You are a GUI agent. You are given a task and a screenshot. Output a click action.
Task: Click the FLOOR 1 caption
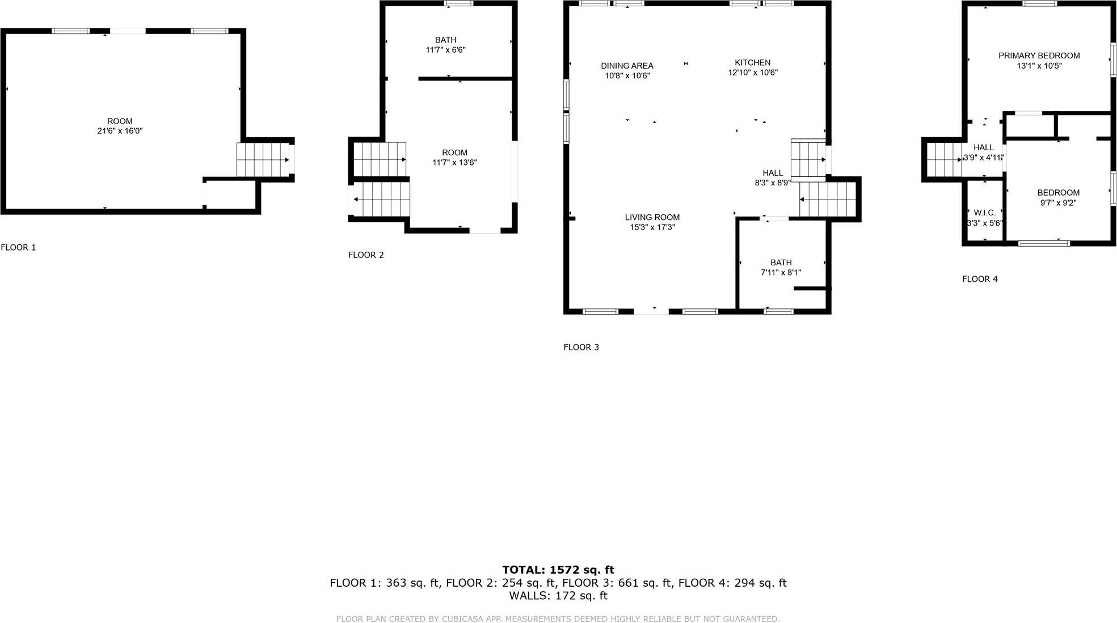tap(18, 247)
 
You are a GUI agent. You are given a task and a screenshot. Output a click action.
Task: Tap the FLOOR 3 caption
tap(581, 347)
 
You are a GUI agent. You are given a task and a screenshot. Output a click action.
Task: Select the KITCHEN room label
tap(752, 62)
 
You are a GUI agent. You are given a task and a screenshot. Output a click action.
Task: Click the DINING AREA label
tap(627, 66)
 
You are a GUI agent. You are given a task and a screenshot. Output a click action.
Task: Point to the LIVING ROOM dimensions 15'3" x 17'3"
tap(652, 227)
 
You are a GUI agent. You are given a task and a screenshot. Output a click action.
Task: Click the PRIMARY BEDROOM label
tap(1039, 56)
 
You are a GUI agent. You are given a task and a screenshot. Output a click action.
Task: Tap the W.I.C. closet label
tap(984, 213)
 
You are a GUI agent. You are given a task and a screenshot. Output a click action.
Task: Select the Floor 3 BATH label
tap(781, 262)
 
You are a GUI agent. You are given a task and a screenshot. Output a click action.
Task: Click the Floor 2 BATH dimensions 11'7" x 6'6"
tap(445, 50)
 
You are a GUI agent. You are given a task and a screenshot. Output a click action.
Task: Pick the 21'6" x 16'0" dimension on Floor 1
tap(120, 131)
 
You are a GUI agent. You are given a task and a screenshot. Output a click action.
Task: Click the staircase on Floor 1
tap(263, 160)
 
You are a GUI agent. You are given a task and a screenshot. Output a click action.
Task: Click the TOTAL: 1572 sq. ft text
tap(558, 570)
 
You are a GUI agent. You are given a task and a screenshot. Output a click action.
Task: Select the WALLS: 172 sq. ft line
tap(558, 596)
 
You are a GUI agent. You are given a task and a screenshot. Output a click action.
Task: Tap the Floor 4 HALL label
tap(983, 147)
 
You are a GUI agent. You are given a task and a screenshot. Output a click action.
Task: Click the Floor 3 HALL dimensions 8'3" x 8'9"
tap(772, 183)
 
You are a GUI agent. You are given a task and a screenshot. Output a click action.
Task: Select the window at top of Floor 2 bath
tap(458, 3)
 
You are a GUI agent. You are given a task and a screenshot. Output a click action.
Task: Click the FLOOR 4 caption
tap(980, 279)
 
